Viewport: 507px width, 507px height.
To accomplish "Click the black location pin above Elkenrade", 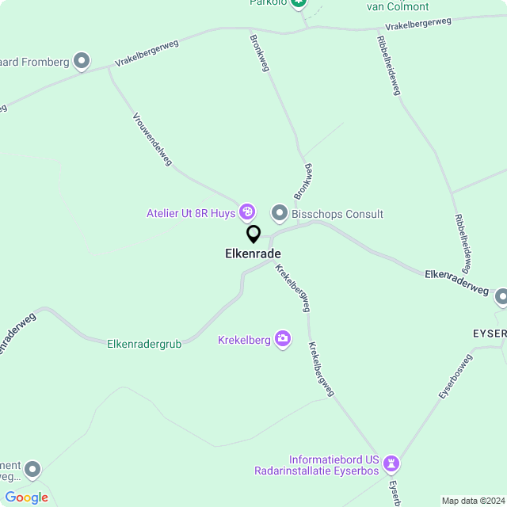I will [x=253, y=234].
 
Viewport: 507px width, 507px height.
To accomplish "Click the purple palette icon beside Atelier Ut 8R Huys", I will [x=247, y=212].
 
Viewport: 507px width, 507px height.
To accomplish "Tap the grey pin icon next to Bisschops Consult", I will [x=279, y=212].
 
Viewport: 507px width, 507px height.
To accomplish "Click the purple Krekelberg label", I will [x=244, y=340].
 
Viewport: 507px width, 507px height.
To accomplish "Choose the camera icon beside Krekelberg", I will [x=283, y=339].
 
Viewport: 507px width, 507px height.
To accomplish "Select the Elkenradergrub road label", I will [x=145, y=344].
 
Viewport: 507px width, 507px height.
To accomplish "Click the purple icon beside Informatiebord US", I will [x=391, y=463].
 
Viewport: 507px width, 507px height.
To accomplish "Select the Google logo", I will [x=26, y=497].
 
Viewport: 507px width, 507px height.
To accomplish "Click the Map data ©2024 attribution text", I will [x=472, y=501].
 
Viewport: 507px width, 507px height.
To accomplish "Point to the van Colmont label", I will [x=398, y=6].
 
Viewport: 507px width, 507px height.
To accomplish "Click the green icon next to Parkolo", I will [x=299, y=2].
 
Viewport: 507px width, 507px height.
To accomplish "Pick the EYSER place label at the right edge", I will [x=489, y=334].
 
